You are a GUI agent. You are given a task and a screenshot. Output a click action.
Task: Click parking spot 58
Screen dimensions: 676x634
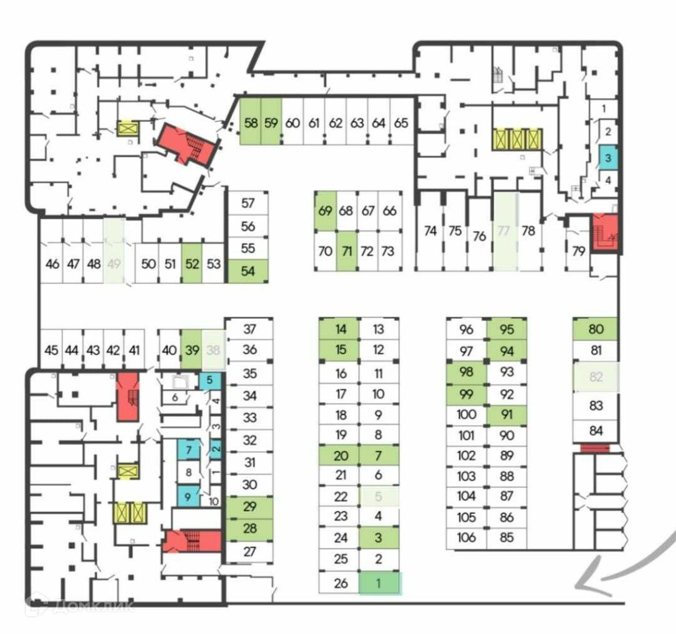coord(250,122)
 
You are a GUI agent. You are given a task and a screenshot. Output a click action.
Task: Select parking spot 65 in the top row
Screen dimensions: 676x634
coord(401,122)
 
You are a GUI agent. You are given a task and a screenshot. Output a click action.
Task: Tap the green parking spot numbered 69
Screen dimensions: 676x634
coord(325,211)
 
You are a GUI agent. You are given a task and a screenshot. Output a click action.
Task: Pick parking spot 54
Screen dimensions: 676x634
coord(248,271)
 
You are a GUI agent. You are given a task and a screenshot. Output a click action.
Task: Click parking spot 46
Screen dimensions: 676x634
coord(52,264)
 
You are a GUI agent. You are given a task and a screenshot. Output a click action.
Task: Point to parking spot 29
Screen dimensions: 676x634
coord(249,507)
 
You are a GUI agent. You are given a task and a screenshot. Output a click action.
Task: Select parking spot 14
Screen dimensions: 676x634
coord(340,329)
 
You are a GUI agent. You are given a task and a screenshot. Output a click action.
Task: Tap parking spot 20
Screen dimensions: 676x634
coord(340,456)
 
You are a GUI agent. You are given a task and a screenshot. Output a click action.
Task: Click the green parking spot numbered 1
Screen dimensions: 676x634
coord(379,583)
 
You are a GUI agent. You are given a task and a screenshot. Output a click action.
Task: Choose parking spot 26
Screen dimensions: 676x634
coord(340,582)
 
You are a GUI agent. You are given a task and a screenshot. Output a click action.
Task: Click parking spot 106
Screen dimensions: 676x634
coord(466,537)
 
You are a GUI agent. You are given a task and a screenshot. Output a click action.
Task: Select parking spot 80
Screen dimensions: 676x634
coord(595,329)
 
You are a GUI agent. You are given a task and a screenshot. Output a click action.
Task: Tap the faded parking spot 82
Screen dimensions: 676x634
coord(596,377)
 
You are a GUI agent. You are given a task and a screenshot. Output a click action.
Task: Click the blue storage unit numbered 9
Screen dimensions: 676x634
coord(187,496)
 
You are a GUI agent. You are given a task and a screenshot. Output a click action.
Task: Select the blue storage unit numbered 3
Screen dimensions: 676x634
coord(607,157)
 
